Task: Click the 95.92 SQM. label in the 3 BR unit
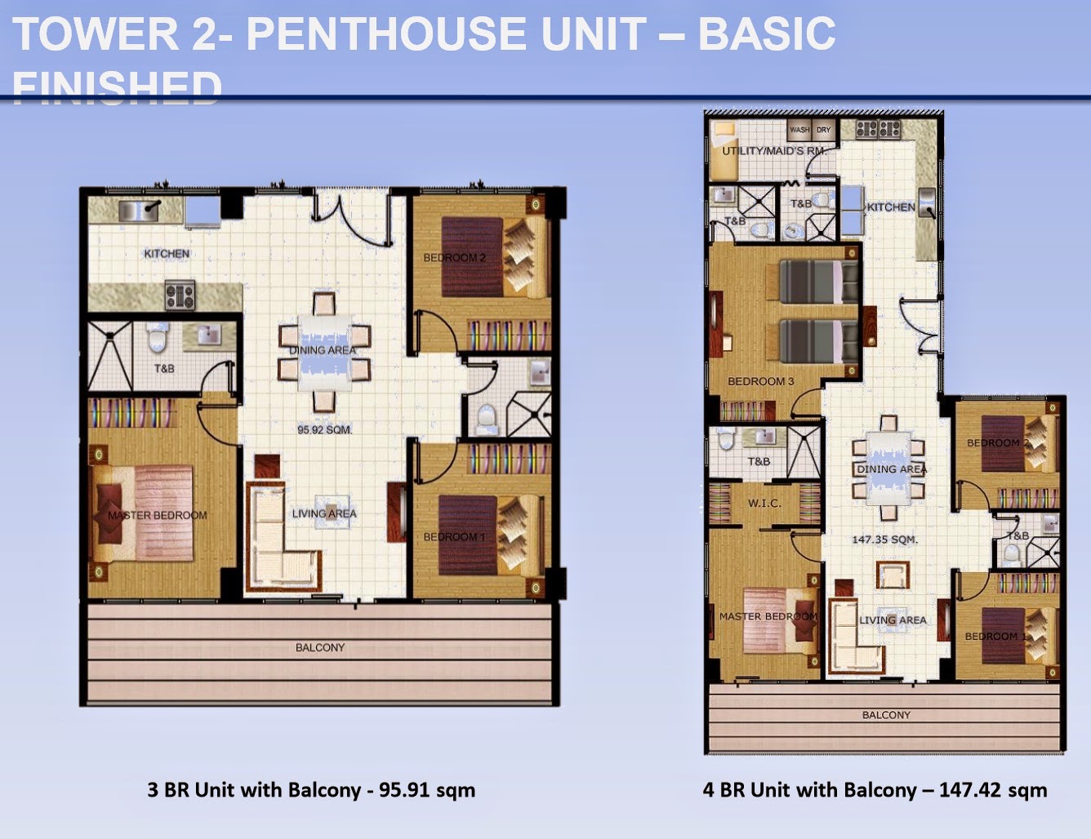click(x=324, y=429)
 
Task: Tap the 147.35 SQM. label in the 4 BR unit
click(x=884, y=539)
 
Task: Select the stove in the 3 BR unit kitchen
click(x=180, y=295)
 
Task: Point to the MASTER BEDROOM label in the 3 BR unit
click(x=158, y=515)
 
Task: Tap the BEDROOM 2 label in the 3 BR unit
click(x=454, y=258)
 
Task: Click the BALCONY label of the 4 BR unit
click(x=886, y=715)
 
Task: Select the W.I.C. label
click(x=764, y=504)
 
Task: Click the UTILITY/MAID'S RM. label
click(x=773, y=151)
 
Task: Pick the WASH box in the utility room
click(x=799, y=130)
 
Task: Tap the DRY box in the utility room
click(x=823, y=130)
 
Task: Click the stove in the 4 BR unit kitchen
click(x=878, y=129)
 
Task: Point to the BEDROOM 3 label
click(x=760, y=381)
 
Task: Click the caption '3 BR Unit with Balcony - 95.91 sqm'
click(x=311, y=789)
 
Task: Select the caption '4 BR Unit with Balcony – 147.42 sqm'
click(x=875, y=789)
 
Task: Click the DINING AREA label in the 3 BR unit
click(x=323, y=350)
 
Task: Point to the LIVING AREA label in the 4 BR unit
click(x=893, y=620)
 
